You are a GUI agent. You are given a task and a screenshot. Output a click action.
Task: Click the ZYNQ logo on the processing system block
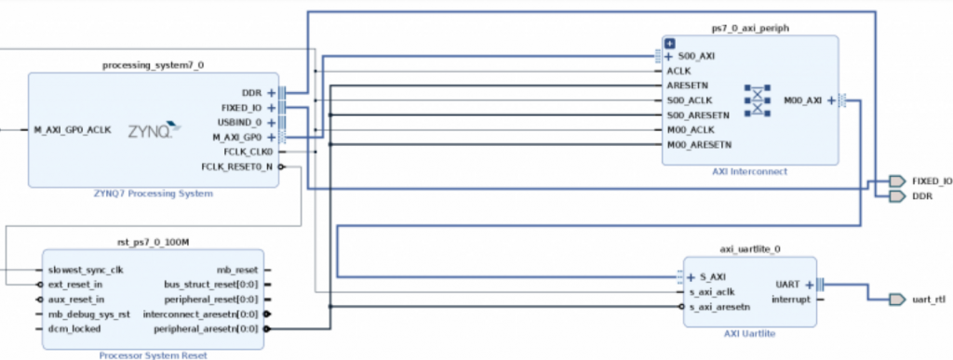(149, 130)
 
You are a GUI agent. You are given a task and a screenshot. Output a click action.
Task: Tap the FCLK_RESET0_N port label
(236, 167)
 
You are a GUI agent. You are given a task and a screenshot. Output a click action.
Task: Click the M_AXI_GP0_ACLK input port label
(72, 130)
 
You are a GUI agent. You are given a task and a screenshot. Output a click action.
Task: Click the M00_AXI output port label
(803, 100)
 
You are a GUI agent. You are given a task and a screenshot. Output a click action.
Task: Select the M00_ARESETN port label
(699, 144)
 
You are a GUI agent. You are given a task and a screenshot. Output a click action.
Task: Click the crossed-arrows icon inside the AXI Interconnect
(758, 100)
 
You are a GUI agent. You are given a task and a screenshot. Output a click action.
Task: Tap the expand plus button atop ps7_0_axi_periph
(669, 43)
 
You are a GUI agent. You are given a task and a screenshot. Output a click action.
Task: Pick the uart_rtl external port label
(930, 299)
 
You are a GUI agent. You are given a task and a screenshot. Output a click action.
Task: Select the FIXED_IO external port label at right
(932, 180)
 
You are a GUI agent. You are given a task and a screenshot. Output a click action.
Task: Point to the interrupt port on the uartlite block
(791, 300)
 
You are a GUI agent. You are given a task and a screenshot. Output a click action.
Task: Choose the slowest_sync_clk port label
(86, 270)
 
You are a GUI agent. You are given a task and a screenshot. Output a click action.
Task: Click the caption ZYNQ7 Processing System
(154, 193)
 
